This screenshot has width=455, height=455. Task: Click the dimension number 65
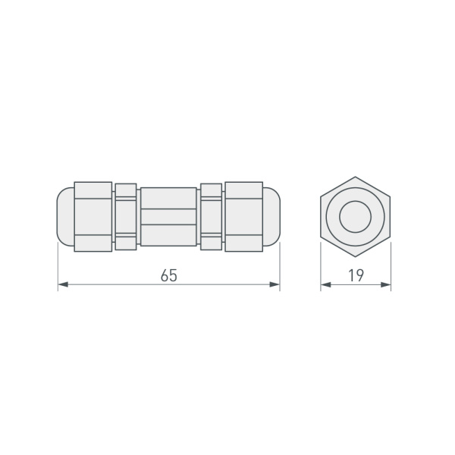pos(168,275)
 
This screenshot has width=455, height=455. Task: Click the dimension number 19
pos(355,275)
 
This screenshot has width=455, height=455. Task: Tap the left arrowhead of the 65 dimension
pos(63,284)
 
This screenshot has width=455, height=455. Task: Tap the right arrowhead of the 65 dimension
pos(275,284)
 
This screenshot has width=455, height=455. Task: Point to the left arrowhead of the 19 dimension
pos(325,284)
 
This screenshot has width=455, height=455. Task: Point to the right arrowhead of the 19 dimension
pos(386,284)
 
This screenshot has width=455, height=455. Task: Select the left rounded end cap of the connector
pos(66,216)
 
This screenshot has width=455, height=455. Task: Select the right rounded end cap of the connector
pos(271,216)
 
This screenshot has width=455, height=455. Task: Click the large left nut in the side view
pos(93,216)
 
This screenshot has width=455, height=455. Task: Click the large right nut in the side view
pos(244,216)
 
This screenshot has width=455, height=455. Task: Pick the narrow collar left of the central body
pos(126,216)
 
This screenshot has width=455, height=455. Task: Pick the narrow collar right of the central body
pos(212,216)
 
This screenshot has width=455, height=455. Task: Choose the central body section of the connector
pos(168,216)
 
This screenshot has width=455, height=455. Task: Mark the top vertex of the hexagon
pos(355,177)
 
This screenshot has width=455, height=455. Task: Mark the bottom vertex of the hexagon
pos(355,258)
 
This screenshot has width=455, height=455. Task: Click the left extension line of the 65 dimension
pos(58,265)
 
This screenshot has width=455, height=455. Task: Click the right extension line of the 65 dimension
pos(280,265)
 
